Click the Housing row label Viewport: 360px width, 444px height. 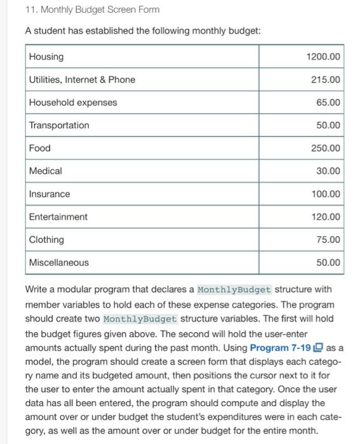click(x=46, y=57)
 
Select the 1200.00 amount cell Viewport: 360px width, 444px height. click(x=323, y=57)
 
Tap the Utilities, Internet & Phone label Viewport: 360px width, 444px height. click(x=82, y=80)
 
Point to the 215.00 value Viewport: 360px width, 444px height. click(x=326, y=80)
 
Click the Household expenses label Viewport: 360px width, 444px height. click(x=73, y=103)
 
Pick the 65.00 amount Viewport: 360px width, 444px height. click(x=328, y=103)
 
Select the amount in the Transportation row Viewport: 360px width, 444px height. click(x=328, y=126)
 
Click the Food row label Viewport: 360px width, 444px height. click(x=40, y=148)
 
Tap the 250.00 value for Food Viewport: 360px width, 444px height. click(x=326, y=148)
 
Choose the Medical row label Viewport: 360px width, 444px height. click(x=46, y=171)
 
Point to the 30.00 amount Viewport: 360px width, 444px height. click(x=328, y=171)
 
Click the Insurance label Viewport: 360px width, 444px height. click(x=50, y=194)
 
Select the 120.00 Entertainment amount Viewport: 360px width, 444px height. click(x=326, y=217)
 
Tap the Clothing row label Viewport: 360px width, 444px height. click(x=46, y=240)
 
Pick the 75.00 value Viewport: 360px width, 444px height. click(x=328, y=240)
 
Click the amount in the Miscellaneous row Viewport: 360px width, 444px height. click(x=328, y=263)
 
